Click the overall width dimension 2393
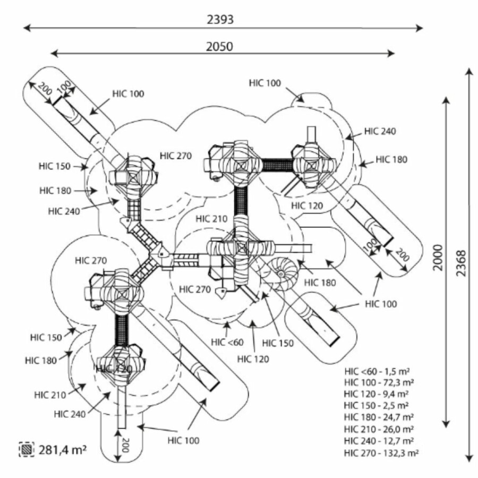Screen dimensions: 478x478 [x=220, y=19]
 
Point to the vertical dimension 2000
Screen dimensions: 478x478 [x=437, y=258]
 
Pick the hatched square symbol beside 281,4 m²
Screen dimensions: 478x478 [x=26, y=449]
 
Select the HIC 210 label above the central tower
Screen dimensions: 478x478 [x=211, y=219]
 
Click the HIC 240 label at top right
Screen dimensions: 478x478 [x=380, y=131]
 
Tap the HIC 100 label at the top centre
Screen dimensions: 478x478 [x=264, y=82]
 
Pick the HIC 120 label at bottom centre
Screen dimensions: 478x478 [x=253, y=359]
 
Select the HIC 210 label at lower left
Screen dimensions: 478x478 [x=50, y=395]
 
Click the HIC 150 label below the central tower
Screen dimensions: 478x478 [x=278, y=344]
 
